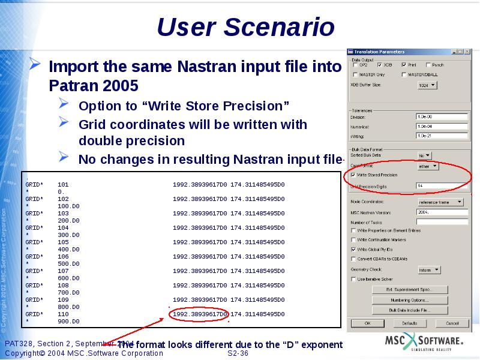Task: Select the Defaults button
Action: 409,323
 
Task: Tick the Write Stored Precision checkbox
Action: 353,175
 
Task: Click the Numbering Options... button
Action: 409,300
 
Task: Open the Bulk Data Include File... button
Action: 409,310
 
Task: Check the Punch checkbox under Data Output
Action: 428,65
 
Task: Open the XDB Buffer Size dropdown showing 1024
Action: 427,85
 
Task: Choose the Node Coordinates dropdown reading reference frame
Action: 440,202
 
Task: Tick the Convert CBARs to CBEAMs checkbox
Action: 353,259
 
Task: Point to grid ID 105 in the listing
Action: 63,242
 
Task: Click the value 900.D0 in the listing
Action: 68,322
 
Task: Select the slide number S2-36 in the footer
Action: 238,353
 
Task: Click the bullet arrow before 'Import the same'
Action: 36,65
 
